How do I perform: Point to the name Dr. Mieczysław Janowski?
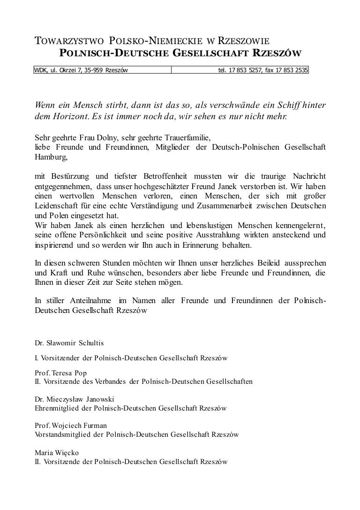75,399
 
